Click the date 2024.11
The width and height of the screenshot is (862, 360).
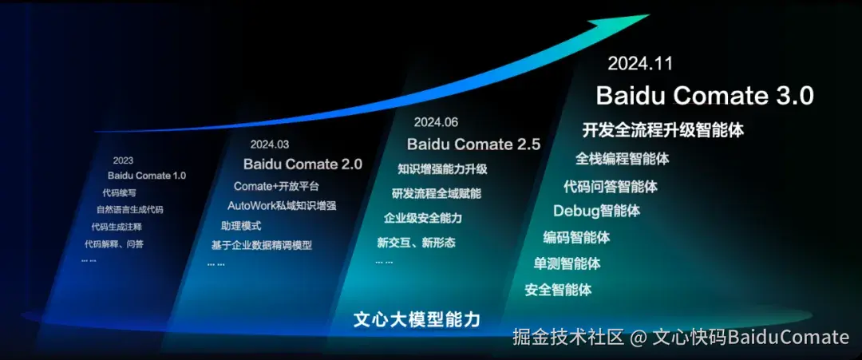(x=640, y=63)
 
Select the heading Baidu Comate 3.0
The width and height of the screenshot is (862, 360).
(x=706, y=96)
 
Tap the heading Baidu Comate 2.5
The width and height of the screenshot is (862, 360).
(x=474, y=144)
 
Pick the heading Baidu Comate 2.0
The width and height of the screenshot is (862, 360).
(x=303, y=164)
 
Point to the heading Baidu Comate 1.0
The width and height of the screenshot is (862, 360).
(x=147, y=176)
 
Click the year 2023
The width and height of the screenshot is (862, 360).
(x=123, y=160)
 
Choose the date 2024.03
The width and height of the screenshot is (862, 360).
(x=270, y=144)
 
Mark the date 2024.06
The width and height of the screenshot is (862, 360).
(x=436, y=122)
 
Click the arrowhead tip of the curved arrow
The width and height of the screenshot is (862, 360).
(x=649, y=15)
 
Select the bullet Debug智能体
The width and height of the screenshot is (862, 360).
(x=596, y=211)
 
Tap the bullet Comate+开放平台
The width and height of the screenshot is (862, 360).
(x=276, y=186)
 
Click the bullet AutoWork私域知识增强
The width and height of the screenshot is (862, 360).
(x=282, y=206)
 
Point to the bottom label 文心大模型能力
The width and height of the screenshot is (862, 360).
(x=417, y=319)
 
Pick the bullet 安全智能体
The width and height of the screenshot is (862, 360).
(x=558, y=290)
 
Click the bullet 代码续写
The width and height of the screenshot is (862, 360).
(x=119, y=193)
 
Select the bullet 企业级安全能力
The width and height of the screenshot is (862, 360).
(x=423, y=218)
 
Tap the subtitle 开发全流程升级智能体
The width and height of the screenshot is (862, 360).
(x=663, y=130)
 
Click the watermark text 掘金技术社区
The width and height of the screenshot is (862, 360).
(x=568, y=337)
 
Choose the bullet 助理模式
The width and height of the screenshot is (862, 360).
(x=241, y=226)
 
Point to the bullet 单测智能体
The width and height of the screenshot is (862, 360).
(x=567, y=263)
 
